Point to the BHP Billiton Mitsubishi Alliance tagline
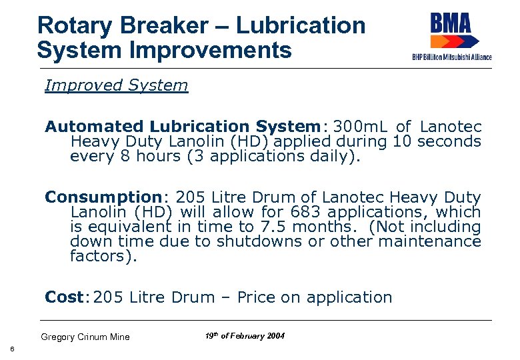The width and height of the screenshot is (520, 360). click(452, 57)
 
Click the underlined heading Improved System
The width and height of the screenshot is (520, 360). click(116, 85)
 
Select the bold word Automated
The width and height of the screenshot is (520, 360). click(94, 126)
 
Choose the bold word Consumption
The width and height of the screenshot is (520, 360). click(103, 197)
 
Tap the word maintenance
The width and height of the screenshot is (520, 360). click(435, 241)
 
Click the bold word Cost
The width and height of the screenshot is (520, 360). click(63, 297)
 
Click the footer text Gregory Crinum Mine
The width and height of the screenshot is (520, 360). click(85, 337)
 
